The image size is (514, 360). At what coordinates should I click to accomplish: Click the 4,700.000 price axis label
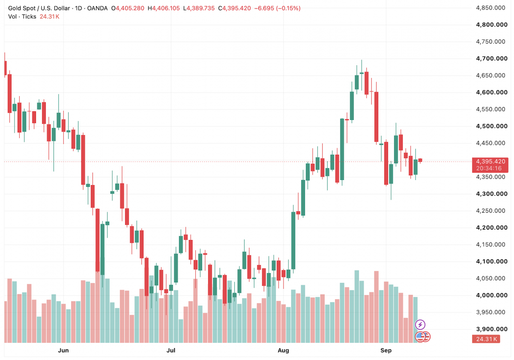492,59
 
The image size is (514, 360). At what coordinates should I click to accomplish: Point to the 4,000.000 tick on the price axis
492,295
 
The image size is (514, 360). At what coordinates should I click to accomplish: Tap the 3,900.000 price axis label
492,329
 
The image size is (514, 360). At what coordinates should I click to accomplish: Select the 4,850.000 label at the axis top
490,8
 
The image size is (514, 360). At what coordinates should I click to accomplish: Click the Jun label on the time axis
63,351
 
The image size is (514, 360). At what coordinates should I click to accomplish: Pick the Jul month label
171,351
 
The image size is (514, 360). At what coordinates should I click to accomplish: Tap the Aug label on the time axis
284,351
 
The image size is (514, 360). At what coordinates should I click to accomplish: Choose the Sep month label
386,351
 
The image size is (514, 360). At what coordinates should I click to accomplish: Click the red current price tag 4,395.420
490,161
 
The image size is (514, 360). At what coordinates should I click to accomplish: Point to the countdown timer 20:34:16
489,168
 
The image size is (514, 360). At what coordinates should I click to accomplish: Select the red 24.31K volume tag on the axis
487,339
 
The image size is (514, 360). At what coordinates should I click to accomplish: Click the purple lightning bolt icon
420,325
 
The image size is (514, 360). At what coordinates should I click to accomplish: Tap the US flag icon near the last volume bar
420,337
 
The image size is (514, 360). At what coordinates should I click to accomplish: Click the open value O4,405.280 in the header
128,8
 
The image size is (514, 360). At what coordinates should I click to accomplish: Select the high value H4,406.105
164,8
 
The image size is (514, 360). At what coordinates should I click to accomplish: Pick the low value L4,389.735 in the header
199,8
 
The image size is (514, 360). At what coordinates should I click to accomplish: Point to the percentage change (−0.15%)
288,8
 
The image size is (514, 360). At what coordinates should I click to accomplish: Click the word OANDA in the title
97,8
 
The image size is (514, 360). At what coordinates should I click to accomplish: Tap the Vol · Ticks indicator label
22,17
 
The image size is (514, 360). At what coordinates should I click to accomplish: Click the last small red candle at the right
420,160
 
